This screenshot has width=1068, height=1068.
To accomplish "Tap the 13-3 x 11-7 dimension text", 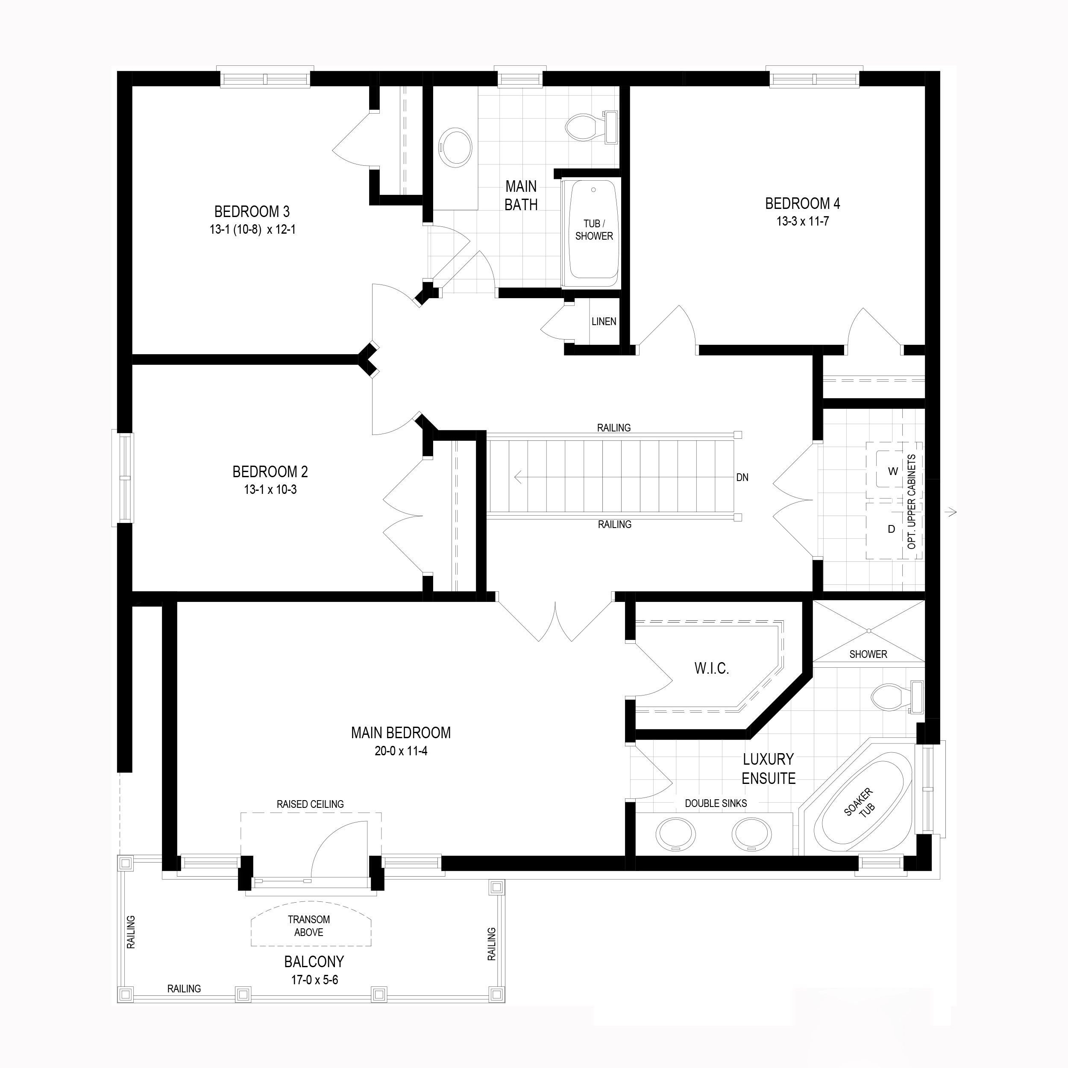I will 802,222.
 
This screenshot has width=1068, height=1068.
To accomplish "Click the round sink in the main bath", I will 455,147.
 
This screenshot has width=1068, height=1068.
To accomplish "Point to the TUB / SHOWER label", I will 594,230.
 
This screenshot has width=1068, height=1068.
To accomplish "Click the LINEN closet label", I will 603,322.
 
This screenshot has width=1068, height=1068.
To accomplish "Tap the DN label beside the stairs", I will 742,478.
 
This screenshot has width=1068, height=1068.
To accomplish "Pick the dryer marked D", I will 891,529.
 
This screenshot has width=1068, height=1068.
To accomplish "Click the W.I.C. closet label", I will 711,668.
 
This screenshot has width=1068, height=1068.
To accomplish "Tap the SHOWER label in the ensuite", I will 868,654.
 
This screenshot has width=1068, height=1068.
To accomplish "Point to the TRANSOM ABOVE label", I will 308,926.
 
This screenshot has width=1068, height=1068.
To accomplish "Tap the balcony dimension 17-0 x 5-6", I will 314,980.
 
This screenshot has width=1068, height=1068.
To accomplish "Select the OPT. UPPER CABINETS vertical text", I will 912,502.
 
